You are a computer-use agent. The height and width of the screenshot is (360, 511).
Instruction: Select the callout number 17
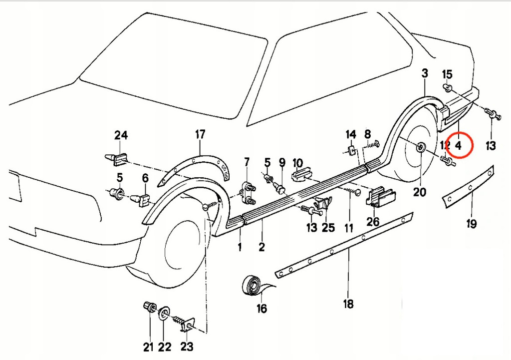[x=200, y=134]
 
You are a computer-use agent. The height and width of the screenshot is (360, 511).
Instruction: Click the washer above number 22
[x=164, y=315]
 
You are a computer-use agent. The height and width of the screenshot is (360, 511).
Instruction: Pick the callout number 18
[x=348, y=304]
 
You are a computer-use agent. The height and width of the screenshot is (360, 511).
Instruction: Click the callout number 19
[x=472, y=224]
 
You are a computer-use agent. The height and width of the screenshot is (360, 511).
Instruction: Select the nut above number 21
[x=149, y=307]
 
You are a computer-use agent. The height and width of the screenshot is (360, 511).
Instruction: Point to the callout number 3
[x=424, y=73]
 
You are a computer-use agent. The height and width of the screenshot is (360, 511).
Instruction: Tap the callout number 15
[x=447, y=75]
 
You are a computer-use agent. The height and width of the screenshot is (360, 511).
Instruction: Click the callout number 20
[x=420, y=192]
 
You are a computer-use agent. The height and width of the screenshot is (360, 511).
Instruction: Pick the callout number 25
[x=328, y=228]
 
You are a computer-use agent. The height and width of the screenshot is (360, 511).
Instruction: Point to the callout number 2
[x=261, y=246]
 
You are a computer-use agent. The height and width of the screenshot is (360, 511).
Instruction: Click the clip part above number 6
[x=142, y=199]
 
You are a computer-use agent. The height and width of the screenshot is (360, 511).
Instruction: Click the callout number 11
[x=348, y=228]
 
